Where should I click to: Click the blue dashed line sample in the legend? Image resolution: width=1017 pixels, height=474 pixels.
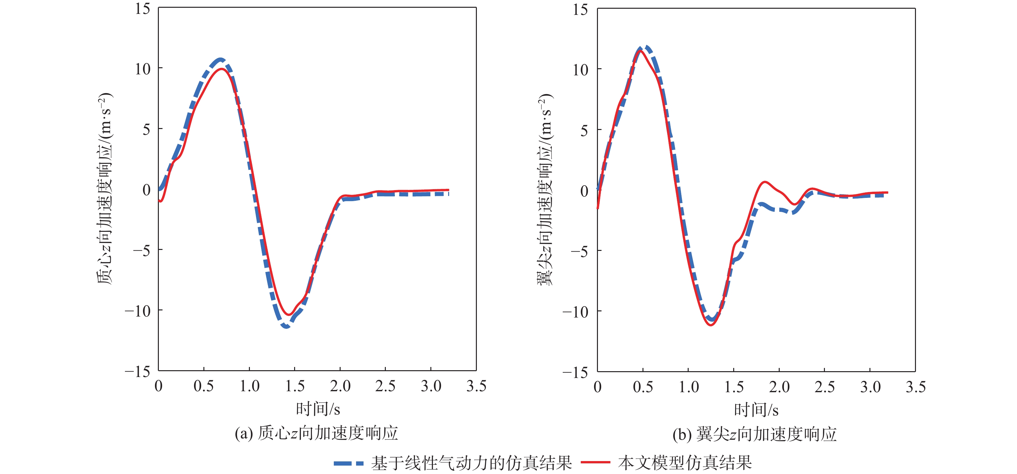pos(348,463)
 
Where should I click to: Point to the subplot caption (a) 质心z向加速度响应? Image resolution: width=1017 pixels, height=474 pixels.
pos(316,433)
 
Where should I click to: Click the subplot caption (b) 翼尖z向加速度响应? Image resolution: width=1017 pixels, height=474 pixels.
pos(755,435)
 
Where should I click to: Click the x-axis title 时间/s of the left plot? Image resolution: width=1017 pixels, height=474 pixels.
pos(318,409)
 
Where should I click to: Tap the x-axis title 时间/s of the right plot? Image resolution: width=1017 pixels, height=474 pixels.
pos(756,410)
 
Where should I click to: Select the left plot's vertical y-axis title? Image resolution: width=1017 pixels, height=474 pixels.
pos(105,189)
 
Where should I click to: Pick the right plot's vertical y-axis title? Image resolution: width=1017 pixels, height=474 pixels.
pos(545,189)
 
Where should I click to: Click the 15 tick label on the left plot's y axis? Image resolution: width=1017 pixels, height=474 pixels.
pos(142,9)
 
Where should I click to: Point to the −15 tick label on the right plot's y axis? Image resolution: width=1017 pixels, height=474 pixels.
pos(575,372)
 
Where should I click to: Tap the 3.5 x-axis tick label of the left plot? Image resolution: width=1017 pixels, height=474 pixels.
pos(476,386)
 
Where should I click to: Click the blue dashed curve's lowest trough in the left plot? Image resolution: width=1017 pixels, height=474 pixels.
pos(286,327)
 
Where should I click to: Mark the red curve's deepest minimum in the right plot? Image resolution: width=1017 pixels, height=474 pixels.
pos(711,325)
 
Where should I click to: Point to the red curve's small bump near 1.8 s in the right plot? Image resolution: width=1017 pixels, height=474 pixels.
pos(765,182)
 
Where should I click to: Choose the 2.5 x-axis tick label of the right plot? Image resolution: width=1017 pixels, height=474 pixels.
pos(824,387)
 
